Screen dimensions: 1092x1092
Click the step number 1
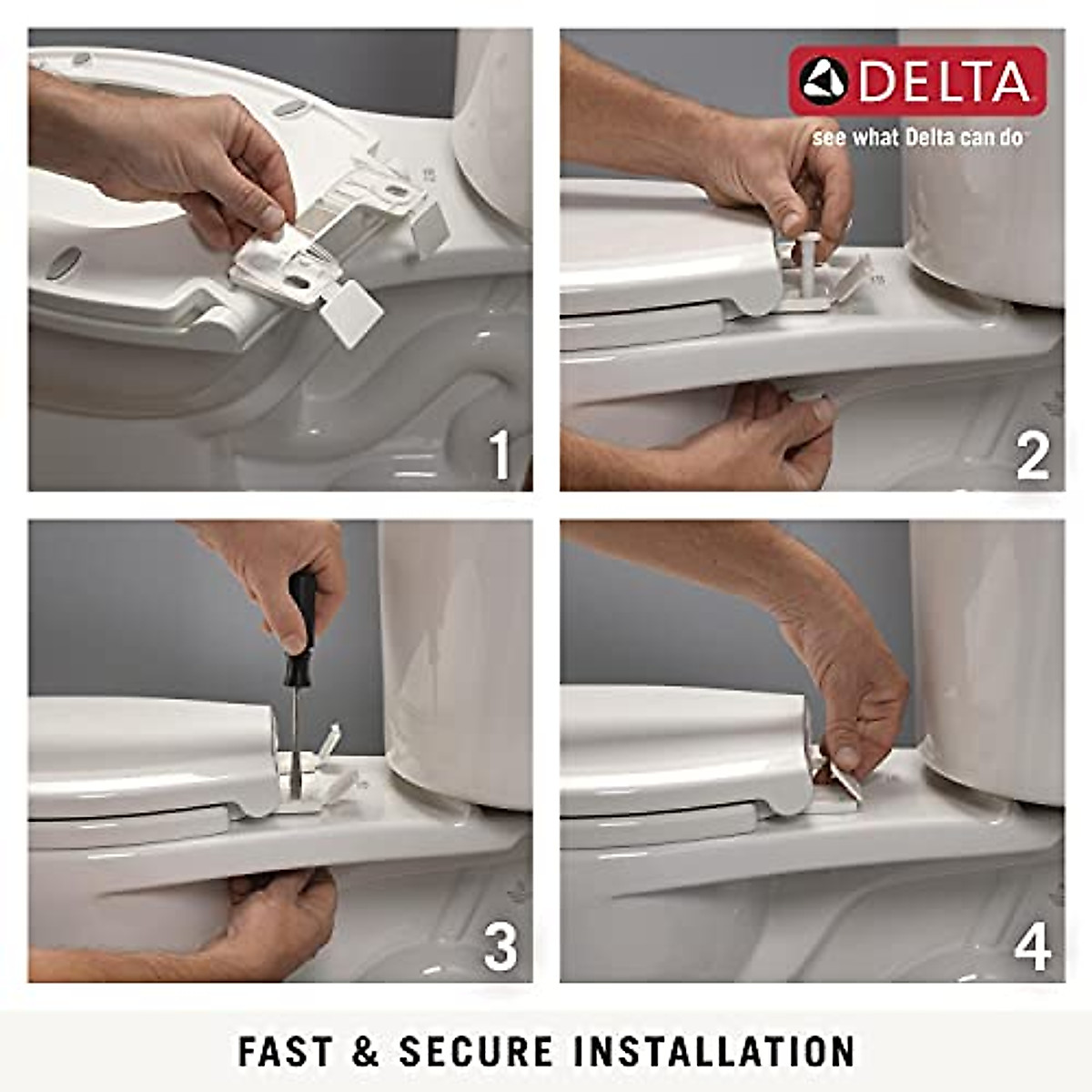500,454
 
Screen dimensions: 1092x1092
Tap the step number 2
1032,454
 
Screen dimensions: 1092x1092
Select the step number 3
500,945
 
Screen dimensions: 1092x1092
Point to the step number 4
1032,945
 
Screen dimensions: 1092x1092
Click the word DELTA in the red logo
944,82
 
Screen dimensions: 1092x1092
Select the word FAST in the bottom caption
285,1051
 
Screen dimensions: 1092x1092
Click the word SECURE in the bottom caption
476,1051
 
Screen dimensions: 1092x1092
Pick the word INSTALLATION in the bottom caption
714,1051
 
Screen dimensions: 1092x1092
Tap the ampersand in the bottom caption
365,1051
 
